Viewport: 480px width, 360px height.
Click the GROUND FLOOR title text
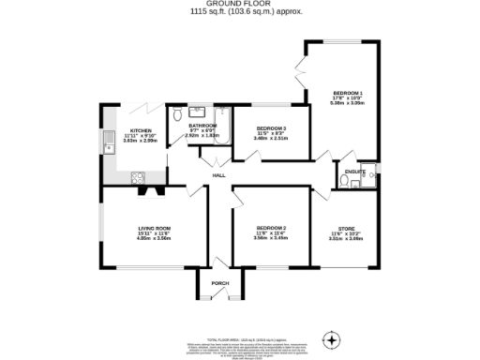click(x=239, y=5)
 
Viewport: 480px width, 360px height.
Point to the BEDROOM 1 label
click(x=347, y=93)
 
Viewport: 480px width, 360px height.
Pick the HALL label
click(x=218, y=175)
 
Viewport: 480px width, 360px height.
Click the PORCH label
click(x=219, y=283)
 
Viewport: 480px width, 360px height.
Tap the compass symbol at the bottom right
click(x=330, y=338)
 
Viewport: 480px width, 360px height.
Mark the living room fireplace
click(x=149, y=191)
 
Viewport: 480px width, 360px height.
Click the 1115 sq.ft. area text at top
click(x=239, y=13)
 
